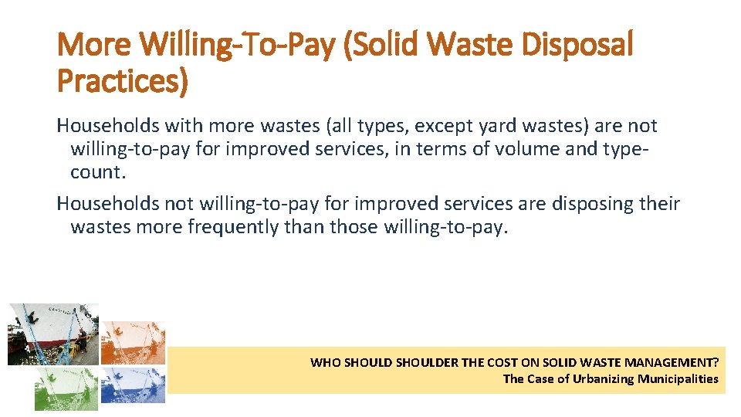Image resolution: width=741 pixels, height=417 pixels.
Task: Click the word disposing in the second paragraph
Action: click(x=591, y=204)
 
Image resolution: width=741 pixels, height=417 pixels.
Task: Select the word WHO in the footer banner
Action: click(x=324, y=362)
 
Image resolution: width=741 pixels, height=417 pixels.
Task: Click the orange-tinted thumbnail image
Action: click(x=133, y=343)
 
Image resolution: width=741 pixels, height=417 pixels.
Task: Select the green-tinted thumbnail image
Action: click(x=66, y=388)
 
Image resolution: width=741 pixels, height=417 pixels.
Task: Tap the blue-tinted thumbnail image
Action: click(x=133, y=385)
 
